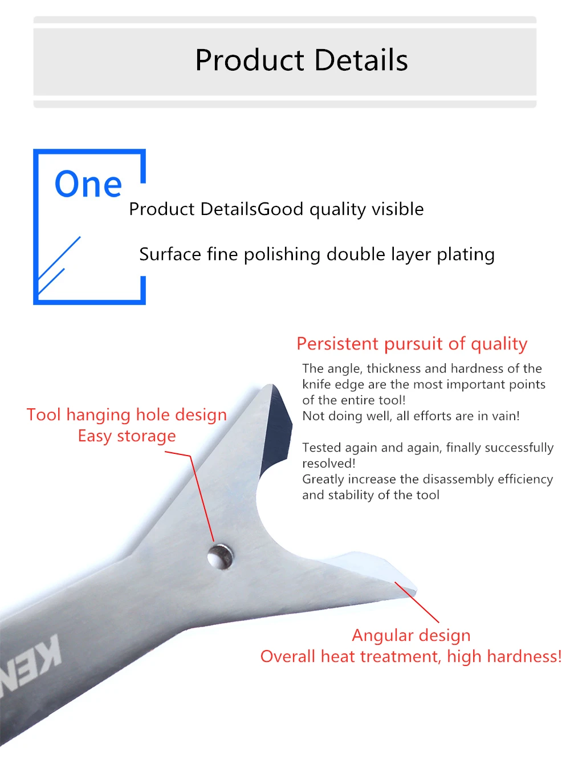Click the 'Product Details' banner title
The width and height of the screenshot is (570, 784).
pyautogui.click(x=302, y=60)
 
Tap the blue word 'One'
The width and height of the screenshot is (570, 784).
pyautogui.click(x=88, y=184)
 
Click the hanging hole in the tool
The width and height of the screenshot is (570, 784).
pyautogui.click(x=220, y=556)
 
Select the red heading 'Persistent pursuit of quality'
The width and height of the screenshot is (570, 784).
pyautogui.click(x=412, y=344)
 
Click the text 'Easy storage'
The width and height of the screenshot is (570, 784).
pyautogui.click(x=127, y=436)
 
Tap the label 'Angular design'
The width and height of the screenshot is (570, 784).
pyautogui.click(x=411, y=636)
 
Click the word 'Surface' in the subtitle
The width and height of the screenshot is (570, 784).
pyautogui.click(x=170, y=254)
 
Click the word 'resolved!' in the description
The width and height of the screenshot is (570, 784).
pyautogui.click(x=328, y=464)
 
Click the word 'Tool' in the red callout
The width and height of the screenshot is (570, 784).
pyautogui.click(x=44, y=415)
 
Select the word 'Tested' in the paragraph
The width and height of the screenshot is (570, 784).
pyautogui.click(x=320, y=448)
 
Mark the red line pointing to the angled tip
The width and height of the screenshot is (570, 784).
pyautogui.click(x=417, y=602)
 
